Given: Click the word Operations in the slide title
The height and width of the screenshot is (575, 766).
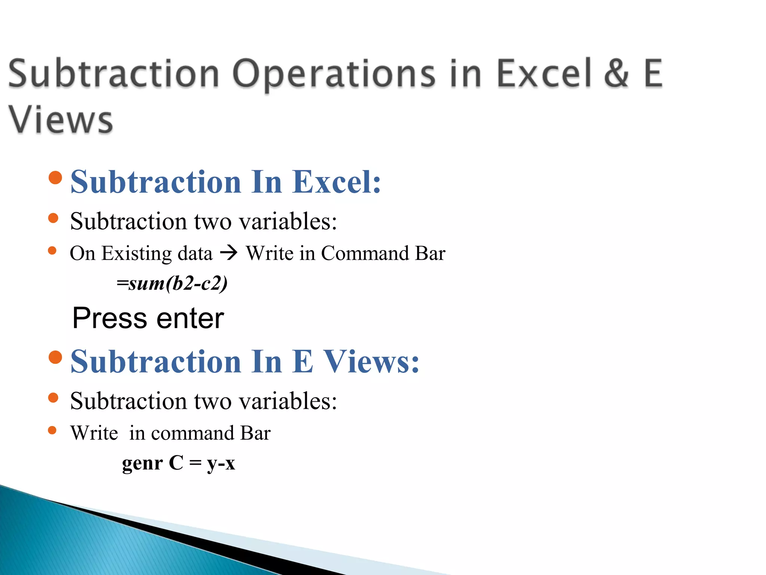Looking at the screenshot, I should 334,73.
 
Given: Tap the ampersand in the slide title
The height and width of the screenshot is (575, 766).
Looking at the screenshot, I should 616,73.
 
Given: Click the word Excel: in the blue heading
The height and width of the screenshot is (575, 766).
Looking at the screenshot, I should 336,182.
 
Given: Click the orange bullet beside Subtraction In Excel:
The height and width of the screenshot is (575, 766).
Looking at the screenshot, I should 55,178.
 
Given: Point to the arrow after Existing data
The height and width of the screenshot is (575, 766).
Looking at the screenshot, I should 229,253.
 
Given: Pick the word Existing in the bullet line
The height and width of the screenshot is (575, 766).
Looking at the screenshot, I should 137,254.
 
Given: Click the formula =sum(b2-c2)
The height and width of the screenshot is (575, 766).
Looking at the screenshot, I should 172,283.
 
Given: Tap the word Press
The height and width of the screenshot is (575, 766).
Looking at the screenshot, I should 110,318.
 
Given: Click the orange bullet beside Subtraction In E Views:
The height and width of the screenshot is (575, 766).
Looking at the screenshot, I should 55,357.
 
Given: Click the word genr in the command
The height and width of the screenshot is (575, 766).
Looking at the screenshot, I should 142,463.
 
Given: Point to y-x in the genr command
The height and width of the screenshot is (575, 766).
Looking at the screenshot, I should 221,463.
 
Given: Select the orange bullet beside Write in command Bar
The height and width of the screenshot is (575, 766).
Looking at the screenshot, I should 52,431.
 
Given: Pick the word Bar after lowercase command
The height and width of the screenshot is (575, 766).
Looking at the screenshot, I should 255,433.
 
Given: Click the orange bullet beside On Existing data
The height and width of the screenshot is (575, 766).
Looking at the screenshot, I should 52,251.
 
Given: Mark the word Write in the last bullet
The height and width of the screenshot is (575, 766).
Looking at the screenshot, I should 94,433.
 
